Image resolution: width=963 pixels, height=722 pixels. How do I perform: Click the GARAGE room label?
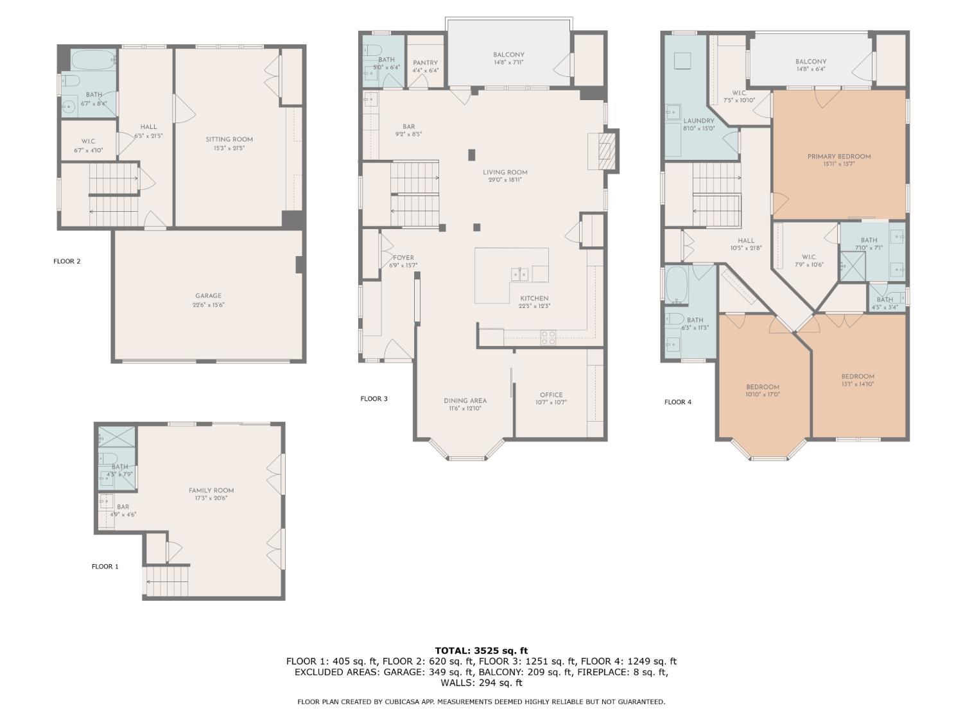pyautogui.click(x=209, y=296)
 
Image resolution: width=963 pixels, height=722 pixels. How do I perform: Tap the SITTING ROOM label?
pyautogui.click(x=229, y=139)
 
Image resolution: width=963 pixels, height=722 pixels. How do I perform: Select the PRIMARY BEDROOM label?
pyautogui.click(x=839, y=157)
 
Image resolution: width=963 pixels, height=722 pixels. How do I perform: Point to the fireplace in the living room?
pyautogui.click(x=605, y=151)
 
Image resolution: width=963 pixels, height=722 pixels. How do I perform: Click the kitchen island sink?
pyautogui.click(x=519, y=274)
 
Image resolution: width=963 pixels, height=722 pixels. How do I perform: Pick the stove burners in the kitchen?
pyautogui.click(x=548, y=338)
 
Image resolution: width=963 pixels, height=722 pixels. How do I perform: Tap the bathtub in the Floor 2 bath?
pyautogui.click(x=93, y=60)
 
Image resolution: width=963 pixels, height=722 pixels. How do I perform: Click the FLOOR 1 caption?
pyautogui.click(x=105, y=567)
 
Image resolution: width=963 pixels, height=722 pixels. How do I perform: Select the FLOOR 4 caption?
pyautogui.click(x=678, y=402)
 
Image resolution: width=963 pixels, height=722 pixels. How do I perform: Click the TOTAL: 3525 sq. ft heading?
pyautogui.click(x=481, y=651)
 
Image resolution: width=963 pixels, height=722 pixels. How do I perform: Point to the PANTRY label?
pyautogui.click(x=425, y=63)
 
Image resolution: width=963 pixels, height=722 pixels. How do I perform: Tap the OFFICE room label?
pyautogui.click(x=551, y=395)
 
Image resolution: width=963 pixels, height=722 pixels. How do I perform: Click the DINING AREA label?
pyautogui.click(x=465, y=400)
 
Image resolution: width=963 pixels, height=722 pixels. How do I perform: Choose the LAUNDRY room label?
pyautogui.click(x=699, y=121)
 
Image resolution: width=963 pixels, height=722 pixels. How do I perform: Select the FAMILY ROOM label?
pyautogui.click(x=211, y=490)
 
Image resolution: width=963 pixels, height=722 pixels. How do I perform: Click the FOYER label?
pyautogui.click(x=403, y=258)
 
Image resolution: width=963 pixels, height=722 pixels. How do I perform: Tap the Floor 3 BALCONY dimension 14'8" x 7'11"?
pyautogui.click(x=508, y=62)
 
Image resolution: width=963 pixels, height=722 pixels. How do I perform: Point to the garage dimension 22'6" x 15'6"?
pyautogui.click(x=209, y=305)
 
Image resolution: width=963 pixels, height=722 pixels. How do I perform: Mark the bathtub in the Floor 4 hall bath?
pyautogui.click(x=677, y=285)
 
